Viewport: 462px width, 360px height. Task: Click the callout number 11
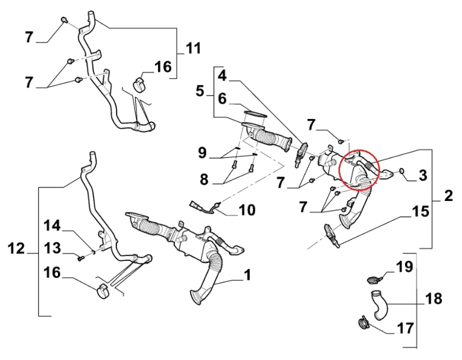coord(193,49)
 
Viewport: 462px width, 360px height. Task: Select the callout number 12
coord(16,249)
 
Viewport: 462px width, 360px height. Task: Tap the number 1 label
coord(247,275)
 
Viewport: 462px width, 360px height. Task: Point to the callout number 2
coord(448,195)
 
